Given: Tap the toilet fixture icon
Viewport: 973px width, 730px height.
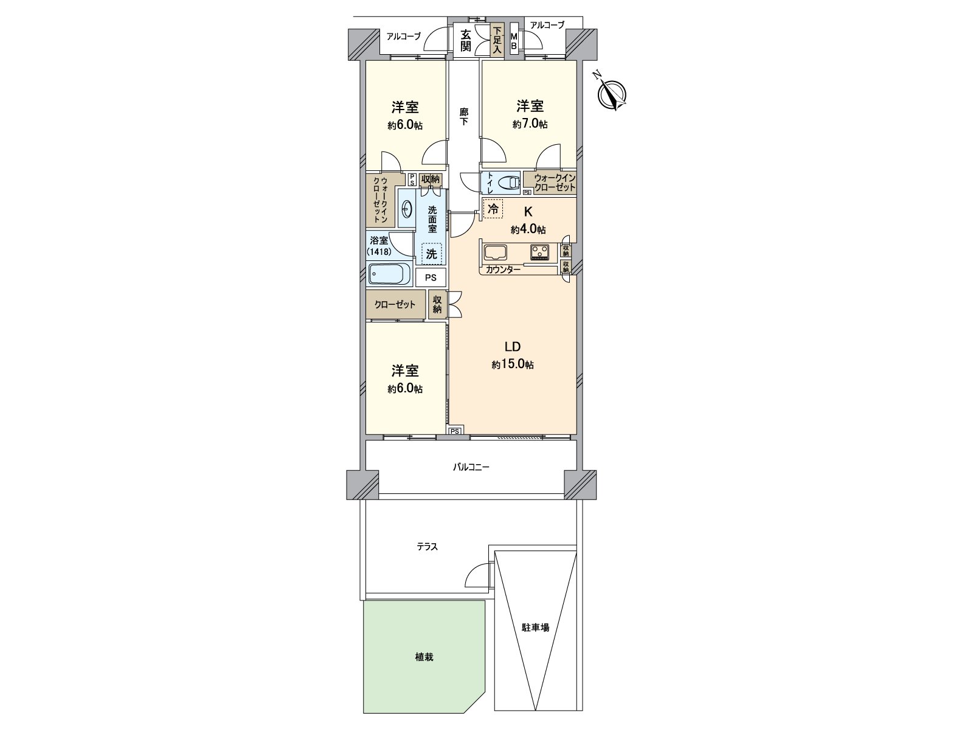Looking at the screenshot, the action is [x=508, y=182].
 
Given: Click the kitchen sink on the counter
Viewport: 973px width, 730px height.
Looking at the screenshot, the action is [x=495, y=252].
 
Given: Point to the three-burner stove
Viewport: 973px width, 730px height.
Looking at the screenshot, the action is [x=539, y=252].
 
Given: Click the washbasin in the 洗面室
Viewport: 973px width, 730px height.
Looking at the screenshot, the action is [x=406, y=208].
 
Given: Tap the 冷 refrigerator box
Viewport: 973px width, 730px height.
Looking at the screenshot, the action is [x=493, y=208].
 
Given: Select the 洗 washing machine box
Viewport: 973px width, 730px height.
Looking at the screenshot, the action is [x=431, y=254].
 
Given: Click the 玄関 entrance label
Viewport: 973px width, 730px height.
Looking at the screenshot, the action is [x=465, y=41].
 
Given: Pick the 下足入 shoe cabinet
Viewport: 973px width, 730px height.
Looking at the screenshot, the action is [x=497, y=40].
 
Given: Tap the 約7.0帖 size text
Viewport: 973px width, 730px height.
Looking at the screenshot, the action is [x=530, y=124].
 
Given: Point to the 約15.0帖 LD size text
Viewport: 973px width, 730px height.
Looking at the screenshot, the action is [x=513, y=364].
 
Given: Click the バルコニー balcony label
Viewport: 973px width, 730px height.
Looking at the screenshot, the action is [x=471, y=467].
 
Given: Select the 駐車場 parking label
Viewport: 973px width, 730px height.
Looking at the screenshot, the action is [x=535, y=628].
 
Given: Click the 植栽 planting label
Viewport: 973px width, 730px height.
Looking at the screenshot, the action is [x=424, y=657].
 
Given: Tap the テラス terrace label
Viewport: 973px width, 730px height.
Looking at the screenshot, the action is [x=427, y=547].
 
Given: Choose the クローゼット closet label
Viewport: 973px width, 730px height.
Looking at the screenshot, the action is [x=395, y=305].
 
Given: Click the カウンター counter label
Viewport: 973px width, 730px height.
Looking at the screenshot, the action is [x=503, y=269].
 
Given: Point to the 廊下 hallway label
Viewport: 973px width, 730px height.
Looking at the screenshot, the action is [x=463, y=116].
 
